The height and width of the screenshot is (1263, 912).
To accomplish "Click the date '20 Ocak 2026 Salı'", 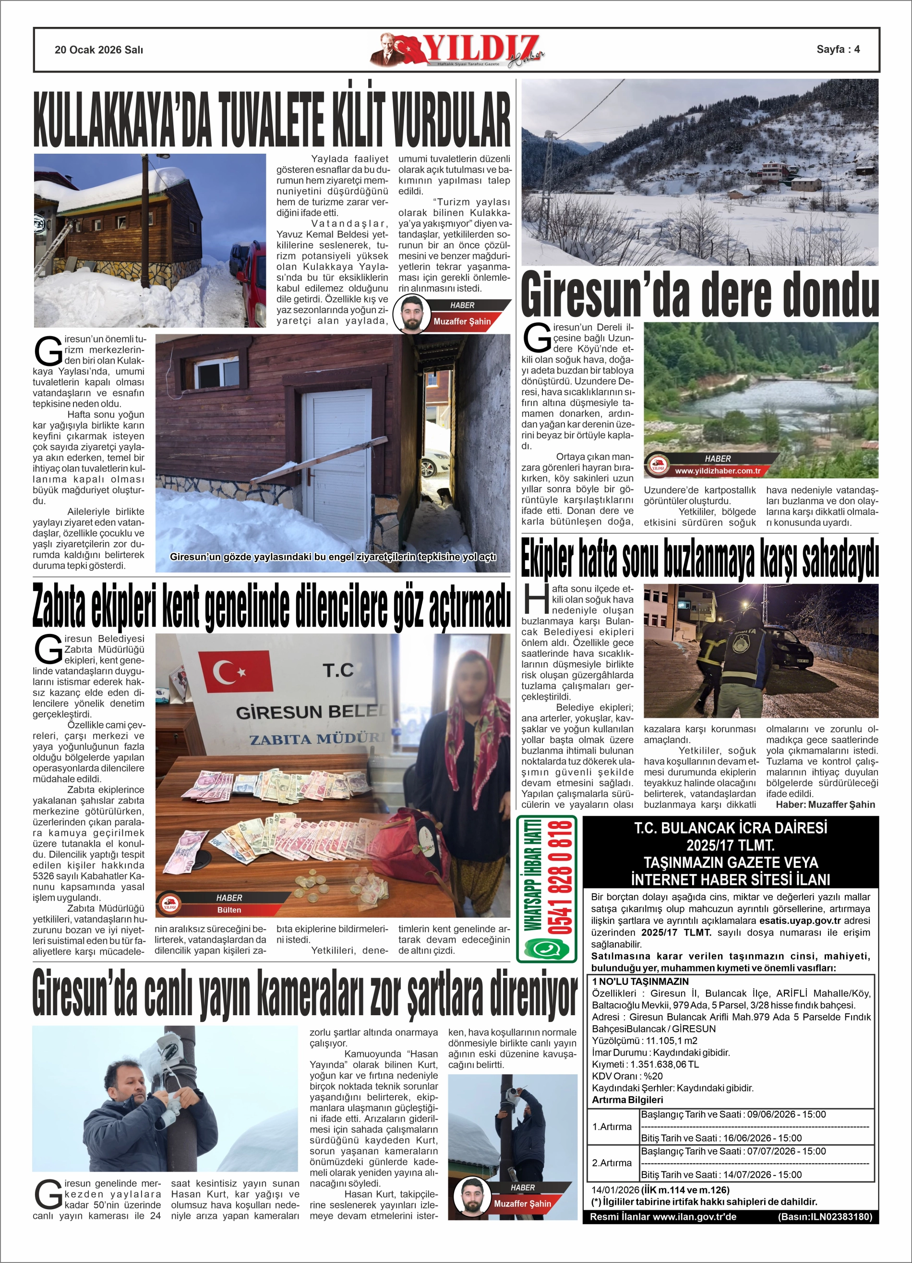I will point(98,50).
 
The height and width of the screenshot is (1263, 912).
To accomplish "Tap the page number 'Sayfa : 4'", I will point(838,49).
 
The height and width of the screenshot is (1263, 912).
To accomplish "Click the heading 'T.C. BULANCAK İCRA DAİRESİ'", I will point(731,828).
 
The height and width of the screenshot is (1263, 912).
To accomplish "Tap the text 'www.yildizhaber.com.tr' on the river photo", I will point(717,471).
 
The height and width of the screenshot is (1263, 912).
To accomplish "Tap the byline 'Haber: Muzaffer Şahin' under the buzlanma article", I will point(825,804).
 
